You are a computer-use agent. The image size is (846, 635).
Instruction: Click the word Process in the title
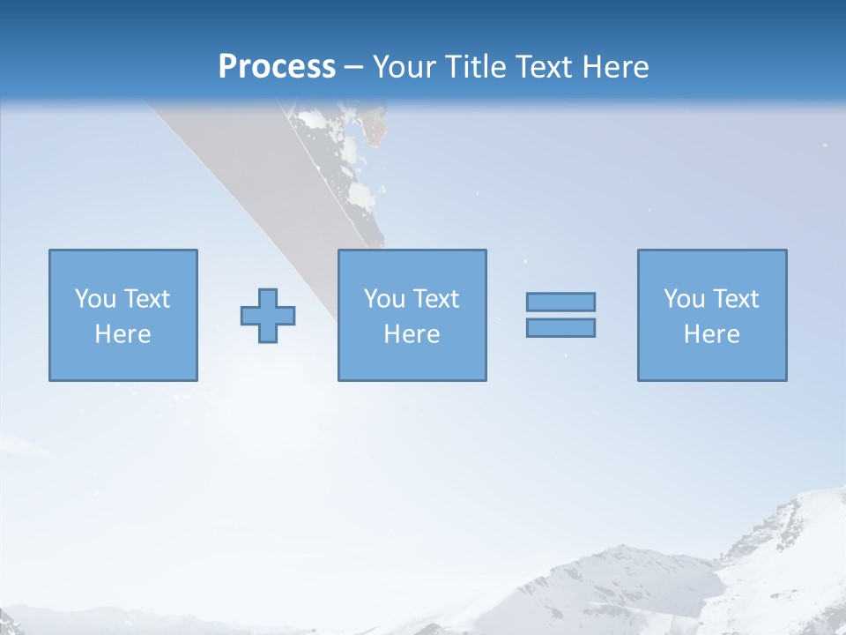coord(277,67)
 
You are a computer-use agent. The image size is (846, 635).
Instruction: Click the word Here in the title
coord(616,67)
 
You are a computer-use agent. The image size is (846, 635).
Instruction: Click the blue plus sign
coord(268,316)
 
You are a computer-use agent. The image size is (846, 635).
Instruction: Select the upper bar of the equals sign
coord(560,302)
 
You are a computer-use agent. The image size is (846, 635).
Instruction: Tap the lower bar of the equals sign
coord(560,328)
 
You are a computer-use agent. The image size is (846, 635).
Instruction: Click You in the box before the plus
coord(94,299)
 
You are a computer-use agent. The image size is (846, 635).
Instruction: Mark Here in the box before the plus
coord(122,334)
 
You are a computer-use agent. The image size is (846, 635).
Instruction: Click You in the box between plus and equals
coord(383,299)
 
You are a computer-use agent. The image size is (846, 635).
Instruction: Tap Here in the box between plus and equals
coord(412,334)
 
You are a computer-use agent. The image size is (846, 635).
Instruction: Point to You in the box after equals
coord(683,299)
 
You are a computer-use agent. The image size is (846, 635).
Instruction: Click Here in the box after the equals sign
coord(711,334)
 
